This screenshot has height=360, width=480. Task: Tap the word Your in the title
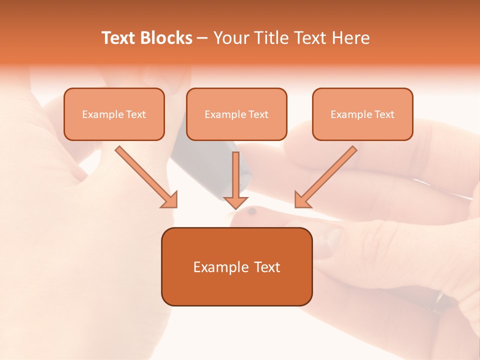[x=230, y=38]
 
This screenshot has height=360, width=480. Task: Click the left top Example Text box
[x=114, y=114]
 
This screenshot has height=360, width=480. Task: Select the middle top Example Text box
[x=236, y=114]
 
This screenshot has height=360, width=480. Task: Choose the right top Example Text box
[x=362, y=114]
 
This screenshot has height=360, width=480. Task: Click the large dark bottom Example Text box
[x=236, y=266]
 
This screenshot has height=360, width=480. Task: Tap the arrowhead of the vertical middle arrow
[x=235, y=202]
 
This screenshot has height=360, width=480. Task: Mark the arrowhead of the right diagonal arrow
[x=301, y=200]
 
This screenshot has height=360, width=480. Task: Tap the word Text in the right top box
[x=384, y=114]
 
